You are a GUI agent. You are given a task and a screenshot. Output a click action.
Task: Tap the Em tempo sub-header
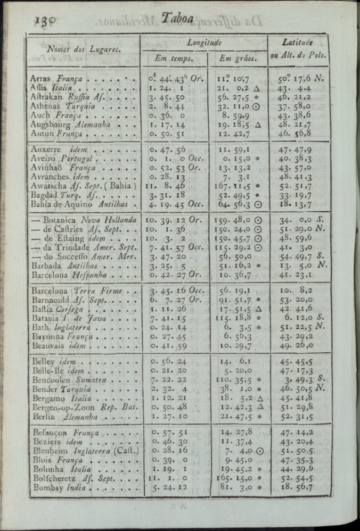(x=173, y=57)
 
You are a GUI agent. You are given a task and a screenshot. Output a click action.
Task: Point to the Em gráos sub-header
(x=239, y=57)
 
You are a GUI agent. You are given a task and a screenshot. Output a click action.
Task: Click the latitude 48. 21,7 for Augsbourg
(x=298, y=124)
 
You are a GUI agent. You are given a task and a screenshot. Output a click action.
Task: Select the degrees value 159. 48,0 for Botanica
(x=238, y=220)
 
